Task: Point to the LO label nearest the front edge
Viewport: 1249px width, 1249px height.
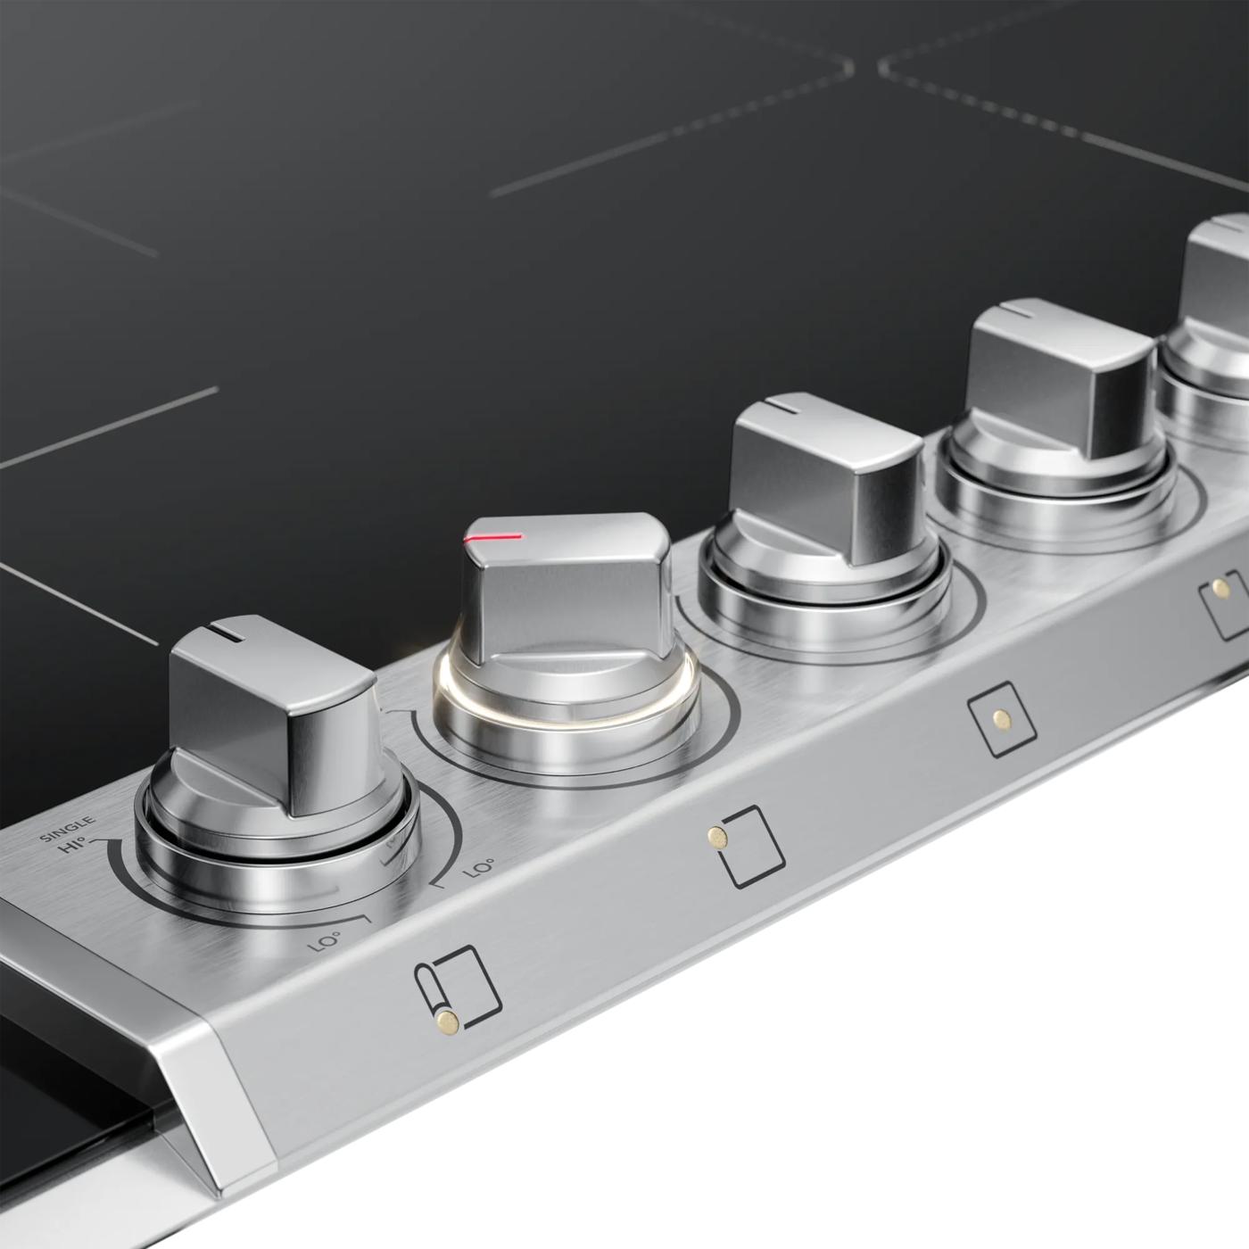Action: [326, 939]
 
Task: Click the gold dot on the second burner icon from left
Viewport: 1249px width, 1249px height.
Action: [715, 836]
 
